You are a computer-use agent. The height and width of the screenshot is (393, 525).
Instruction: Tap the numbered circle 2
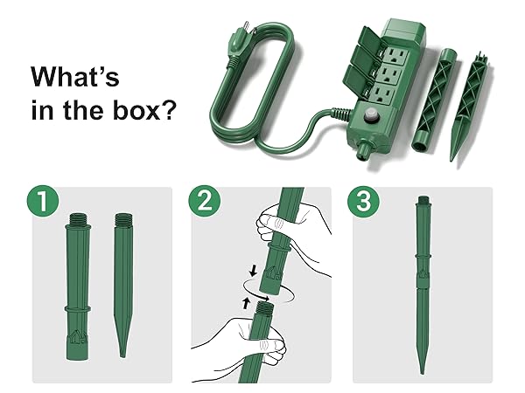pyautogui.click(x=203, y=203)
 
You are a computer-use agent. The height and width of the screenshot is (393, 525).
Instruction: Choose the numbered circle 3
pyautogui.click(x=363, y=203)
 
